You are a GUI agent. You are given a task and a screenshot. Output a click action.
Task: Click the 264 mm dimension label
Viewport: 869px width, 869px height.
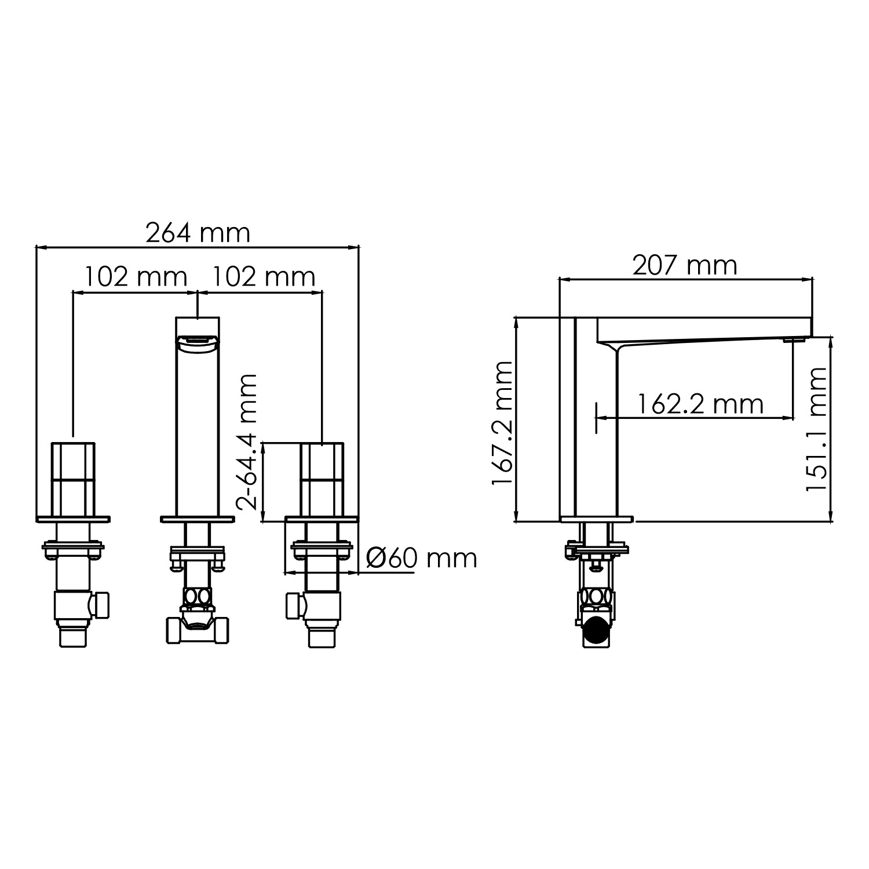coord(198,233)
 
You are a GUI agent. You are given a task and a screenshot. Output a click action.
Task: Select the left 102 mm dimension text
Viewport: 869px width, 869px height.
coord(136,277)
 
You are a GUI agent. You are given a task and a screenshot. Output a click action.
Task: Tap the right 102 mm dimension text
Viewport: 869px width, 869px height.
coord(264,277)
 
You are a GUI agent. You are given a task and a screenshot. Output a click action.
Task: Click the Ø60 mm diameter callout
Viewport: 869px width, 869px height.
coord(422,558)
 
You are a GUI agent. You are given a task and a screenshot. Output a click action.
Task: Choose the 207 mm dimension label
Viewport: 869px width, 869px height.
coord(684,265)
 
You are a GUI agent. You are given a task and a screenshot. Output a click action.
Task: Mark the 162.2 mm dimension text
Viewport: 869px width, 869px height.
coord(700,403)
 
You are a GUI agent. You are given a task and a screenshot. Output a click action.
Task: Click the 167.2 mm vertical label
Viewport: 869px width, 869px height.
coord(502,424)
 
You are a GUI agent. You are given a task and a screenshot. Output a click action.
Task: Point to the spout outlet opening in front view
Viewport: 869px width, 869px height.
coord(198,343)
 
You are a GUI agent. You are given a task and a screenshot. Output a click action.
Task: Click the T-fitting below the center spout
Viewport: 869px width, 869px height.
coord(198,628)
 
